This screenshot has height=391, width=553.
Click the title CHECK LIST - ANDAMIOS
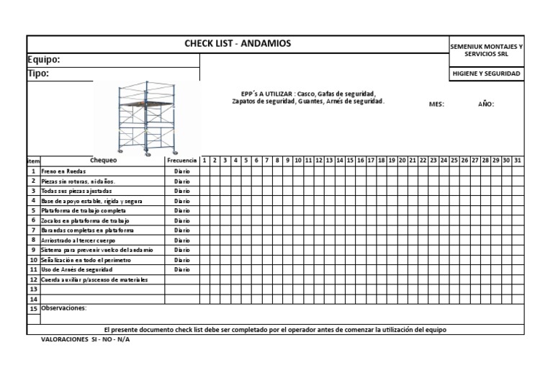[x=238, y=44]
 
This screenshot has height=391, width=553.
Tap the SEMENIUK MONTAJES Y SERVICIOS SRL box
[x=486, y=50]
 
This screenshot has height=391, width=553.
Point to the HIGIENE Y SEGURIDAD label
[x=486, y=73]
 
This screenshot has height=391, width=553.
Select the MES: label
[x=436, y=104]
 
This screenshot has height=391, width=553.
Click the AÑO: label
[x=486, y=104]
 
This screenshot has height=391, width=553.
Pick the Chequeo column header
[x=103, y=160]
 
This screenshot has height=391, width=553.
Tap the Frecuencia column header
[x=181, y=160]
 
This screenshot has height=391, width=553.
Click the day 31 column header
[x=517, y=160]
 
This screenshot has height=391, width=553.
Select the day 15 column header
[x=350, y=160]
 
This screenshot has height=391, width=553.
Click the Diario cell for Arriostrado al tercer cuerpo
[x=181, y=240]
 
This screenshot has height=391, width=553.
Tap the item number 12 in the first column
[x=33, y=279]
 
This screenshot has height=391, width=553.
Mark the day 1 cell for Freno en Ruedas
[x=204, y=171]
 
